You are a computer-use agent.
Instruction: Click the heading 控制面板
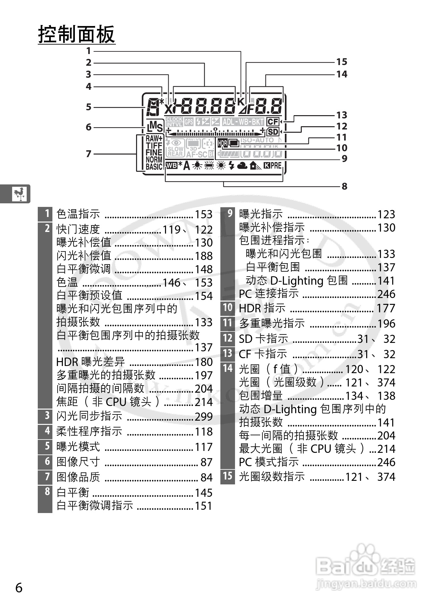tap(77, 34)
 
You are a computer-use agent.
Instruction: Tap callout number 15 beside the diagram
tap(341, 62)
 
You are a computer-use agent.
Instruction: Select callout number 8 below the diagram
tap(344, 186)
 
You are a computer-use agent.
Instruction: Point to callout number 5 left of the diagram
tap(89, 107)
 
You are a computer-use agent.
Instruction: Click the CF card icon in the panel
tap(273, 122)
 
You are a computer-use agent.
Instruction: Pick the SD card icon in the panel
tap(273, 132)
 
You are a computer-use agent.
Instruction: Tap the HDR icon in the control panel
tap(222, 143)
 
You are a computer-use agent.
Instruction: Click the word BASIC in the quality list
tap(154, 167)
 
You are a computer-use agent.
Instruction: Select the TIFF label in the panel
tap(154, 146)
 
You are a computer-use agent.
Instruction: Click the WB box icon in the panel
tap(171, 166)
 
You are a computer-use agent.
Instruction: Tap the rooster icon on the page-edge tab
tap(20, 194)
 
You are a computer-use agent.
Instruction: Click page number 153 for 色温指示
tap(203, 214)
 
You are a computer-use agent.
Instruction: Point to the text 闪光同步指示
tap(89, 416)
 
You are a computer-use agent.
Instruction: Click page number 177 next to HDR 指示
tap(386, 308)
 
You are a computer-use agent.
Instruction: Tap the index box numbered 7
tap(47, 477)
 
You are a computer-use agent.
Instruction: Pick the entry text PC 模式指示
tap(269, 462)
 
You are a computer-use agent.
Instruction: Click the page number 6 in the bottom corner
tap(19, 588)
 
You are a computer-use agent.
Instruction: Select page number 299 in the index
tap(203, 417)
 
